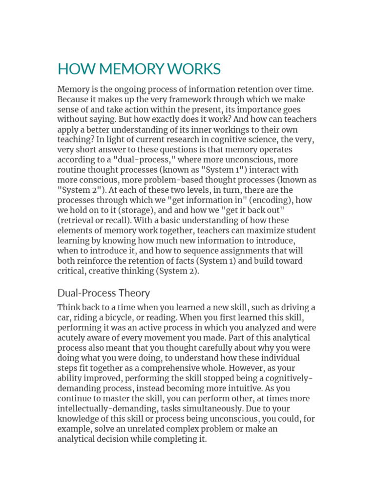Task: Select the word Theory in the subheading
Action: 134,293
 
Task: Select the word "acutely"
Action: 72,338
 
